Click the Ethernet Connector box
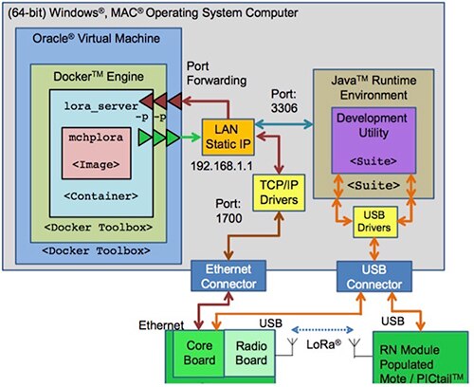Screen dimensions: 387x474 pyautogui.click(x=223, y=276)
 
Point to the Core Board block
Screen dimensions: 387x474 pyautogui.click(x=194, y=352)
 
